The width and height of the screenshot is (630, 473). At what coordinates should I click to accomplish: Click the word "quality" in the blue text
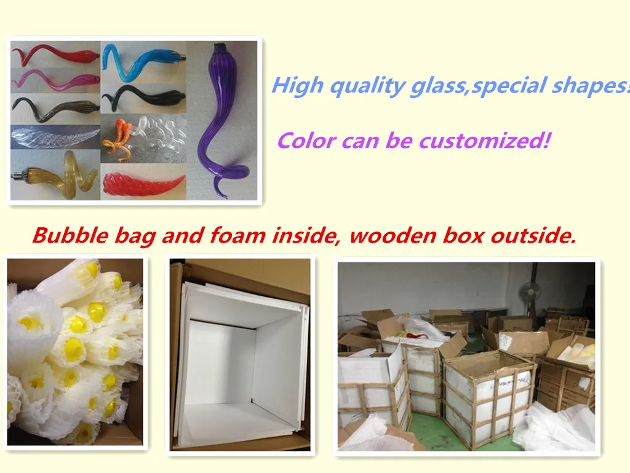367,86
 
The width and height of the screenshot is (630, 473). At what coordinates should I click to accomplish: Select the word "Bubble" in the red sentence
70,235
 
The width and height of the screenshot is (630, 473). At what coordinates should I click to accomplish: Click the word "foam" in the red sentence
237,235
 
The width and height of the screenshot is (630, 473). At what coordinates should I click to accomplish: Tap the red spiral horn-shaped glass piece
143,185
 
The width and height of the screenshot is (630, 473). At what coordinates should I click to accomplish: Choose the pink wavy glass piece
55,79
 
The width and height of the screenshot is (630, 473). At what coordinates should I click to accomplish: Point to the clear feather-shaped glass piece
55,136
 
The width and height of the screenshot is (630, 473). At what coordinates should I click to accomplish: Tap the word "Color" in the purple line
306,141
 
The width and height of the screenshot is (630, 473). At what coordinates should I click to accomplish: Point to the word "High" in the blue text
297,86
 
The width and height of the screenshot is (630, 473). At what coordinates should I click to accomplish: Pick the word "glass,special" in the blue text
478,86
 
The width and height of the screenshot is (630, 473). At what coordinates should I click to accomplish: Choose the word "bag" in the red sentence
135,236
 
